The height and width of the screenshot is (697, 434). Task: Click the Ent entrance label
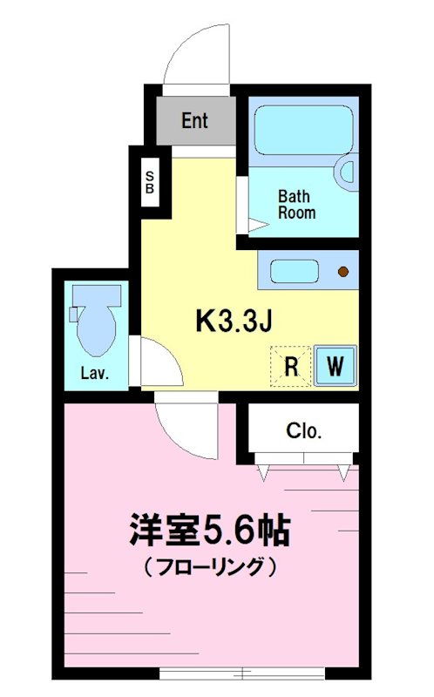click(x=194, y=121)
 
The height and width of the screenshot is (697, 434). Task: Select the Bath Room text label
click(x=296, y=204)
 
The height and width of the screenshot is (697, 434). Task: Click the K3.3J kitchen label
click(x=234, y=321)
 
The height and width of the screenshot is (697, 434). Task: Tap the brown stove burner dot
click(x=343, y=271)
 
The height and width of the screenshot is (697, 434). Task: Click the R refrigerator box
click(x=291, y=366)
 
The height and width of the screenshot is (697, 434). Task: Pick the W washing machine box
click(x=335, y=366)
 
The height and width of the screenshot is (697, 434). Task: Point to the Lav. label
click(x=94, y=375)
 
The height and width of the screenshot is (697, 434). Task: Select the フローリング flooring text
click(x=209, y=567)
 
